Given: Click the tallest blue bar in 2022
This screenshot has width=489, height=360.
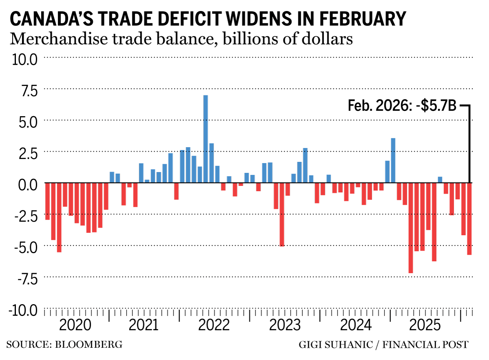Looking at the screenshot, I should click(x=205, y=139).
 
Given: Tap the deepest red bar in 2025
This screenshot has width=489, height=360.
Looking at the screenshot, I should click(x=411, y=228).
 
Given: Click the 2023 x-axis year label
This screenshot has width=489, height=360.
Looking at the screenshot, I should click(x=285, y=327).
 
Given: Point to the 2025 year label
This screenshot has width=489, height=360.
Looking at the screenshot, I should click(x=425, y=327).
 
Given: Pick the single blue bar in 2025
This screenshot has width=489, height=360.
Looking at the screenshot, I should click(x=440, y=180).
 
